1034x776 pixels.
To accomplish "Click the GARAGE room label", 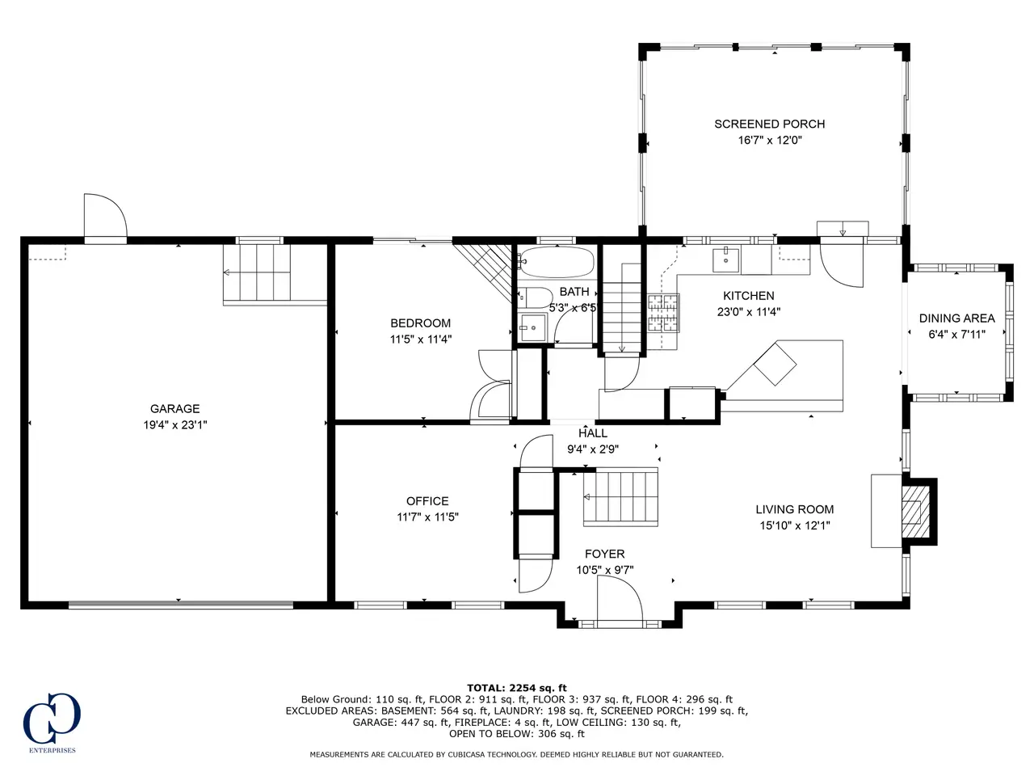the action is (x=174, y=408).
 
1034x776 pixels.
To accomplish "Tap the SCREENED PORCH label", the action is (x=769, y=124).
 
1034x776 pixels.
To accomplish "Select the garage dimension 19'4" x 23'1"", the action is (x=175, y=425).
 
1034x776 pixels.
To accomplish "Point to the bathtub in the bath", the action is (x=556, y=262).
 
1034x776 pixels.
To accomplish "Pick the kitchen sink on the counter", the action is (x=726, y=259).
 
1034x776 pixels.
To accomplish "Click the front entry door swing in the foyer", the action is (x=620, y=601).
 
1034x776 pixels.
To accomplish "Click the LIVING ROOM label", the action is (x=795, y=509).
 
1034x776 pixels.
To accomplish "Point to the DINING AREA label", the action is (x=956, y=318).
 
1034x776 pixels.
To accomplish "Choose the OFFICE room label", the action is (x=427, y=501).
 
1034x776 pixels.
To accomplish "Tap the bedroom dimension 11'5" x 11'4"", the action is (x=421, y=339).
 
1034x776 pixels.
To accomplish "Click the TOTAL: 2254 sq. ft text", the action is (x=517, y=688).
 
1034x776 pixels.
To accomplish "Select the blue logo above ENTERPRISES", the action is (x=52, y=718).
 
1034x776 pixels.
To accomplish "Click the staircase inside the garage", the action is (x=257, y=272).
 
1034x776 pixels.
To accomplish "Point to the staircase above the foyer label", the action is (x=620, y=496).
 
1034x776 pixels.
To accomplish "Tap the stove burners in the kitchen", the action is (x=663, y=313).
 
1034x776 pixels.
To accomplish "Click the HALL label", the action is (x=593, y=433).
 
